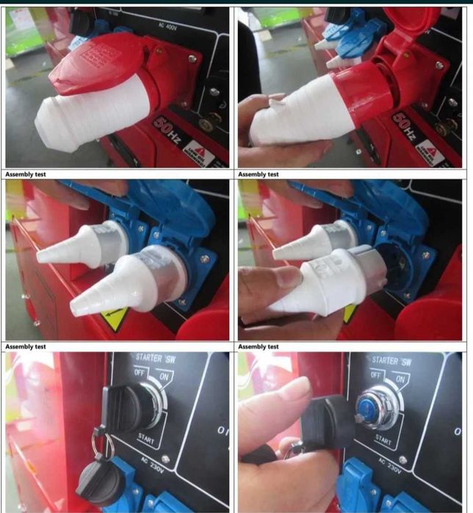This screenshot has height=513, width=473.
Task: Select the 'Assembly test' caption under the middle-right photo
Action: [259, 346]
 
